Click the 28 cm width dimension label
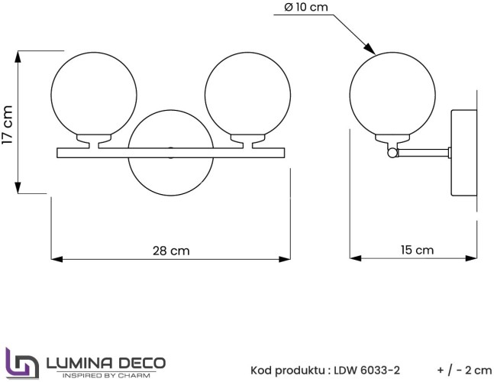[x=171, y=251]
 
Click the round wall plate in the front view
[x=171, y=175]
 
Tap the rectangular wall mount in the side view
[x=463, y=153]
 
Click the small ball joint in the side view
[x=392, y=153]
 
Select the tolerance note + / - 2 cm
[x=465, y=371]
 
